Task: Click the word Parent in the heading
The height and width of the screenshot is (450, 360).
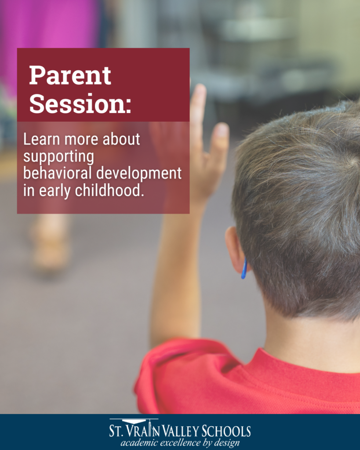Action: (x=70, y=75)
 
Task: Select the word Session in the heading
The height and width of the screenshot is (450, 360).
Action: (x=77, y=103)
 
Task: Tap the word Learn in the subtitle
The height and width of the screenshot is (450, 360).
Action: (x=42, y=139)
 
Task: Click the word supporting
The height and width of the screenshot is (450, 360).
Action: (x=58, y=157)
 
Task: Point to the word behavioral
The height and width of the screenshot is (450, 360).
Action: (x=58, y=173)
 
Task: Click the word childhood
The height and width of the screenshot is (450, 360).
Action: (x=109, y=190)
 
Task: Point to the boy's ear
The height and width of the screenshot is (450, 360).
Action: (x=236, y=249)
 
